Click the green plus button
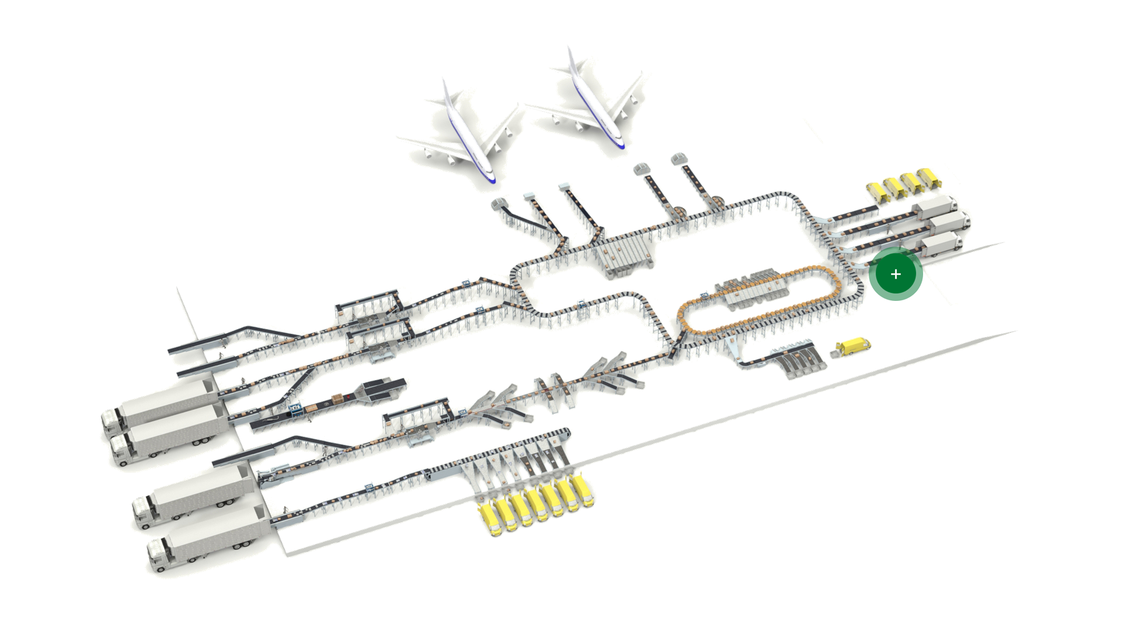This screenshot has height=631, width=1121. [896, 274]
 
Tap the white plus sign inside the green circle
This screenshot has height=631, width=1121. [896, 274]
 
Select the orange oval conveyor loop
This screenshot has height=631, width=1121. [759, 301]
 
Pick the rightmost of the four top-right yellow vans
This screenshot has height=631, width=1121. [928, 178]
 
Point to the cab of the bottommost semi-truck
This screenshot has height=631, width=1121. [158, 555]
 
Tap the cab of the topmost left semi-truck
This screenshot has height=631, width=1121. [113, 420]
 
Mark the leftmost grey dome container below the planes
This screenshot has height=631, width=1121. [500, 204]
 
